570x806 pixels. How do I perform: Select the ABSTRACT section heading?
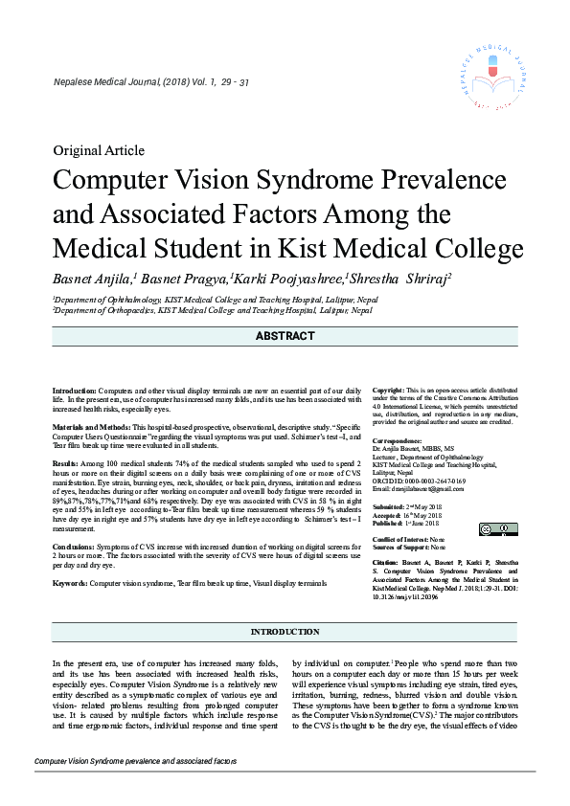point(285,336)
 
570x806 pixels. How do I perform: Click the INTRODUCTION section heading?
point(285,633)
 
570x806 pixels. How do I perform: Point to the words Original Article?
point(99,150)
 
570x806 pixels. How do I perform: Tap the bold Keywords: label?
point(70,582)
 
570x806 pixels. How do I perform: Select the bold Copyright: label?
point(388,391)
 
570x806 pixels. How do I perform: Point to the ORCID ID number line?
point(419,481)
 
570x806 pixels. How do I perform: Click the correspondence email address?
point(421,489)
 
